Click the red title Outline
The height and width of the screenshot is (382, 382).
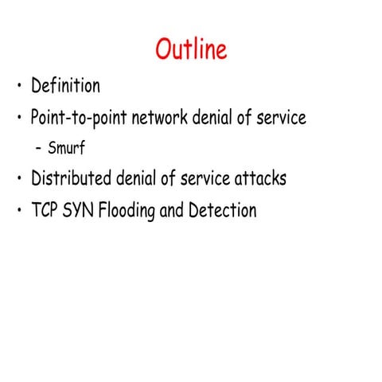(x=191, y=49)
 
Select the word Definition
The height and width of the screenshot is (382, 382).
(x=65, y=85)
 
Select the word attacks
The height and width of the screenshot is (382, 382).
(x=259, y=178)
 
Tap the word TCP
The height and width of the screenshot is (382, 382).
(x=45, y=210)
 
